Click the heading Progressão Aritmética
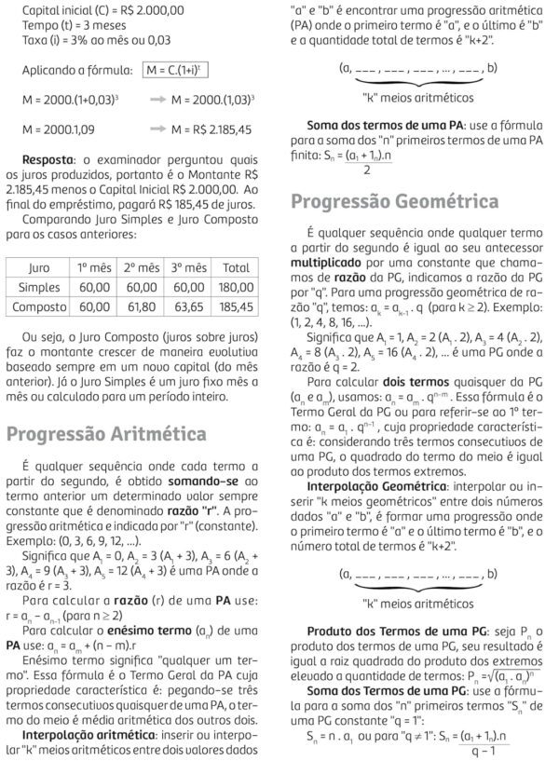coord(107,433)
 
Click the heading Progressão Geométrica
coord(394,201)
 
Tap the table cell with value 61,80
coord(142,306)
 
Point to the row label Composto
coord(38,306)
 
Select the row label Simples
coord(38,288)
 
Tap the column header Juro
coord(38,267)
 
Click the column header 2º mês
coord(142,267)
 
